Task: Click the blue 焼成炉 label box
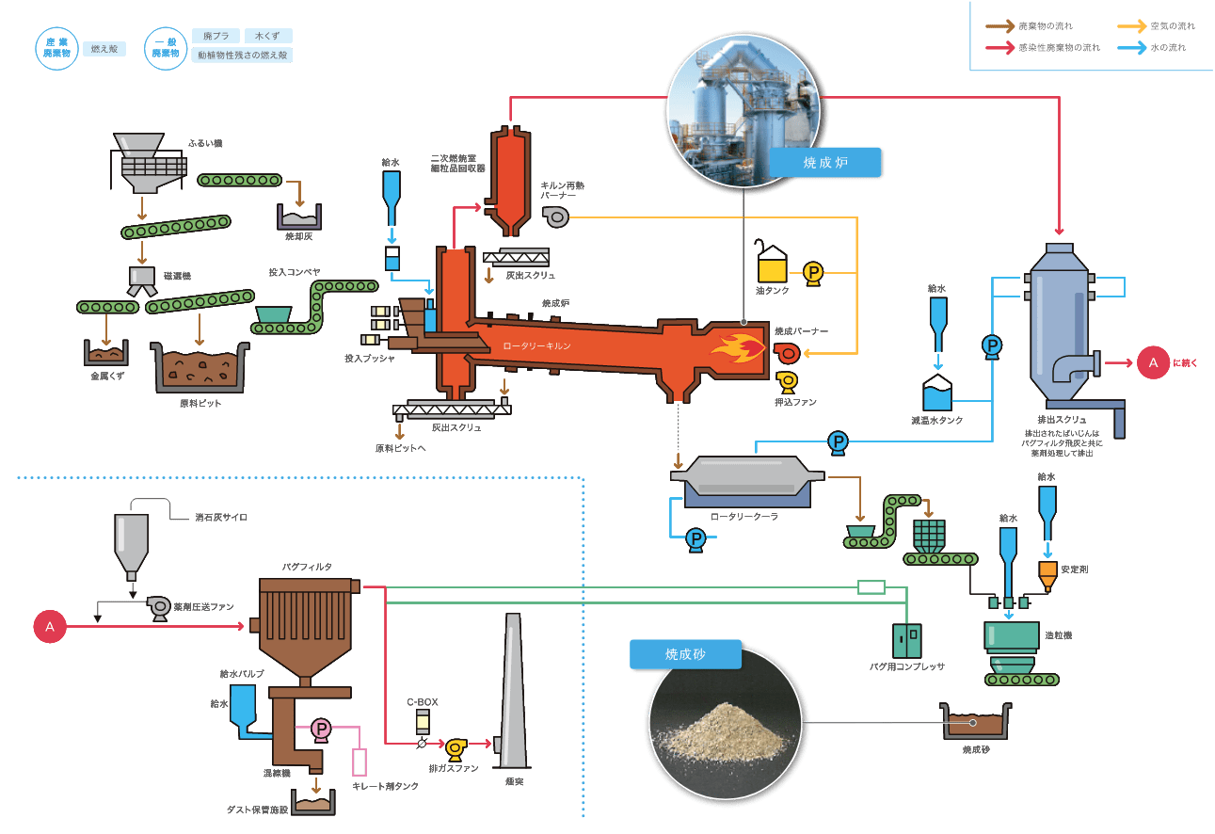coord(826,162)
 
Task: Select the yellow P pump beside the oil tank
coord(812,273)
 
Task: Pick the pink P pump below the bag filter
coord(320,729)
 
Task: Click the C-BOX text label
coord(422,702)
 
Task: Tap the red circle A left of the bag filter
coord(50,626)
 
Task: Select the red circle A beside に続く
coord(1152,362)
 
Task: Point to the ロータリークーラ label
coord(744,517)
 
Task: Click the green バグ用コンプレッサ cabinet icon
coord(908,641)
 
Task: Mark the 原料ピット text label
coord(200,404)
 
